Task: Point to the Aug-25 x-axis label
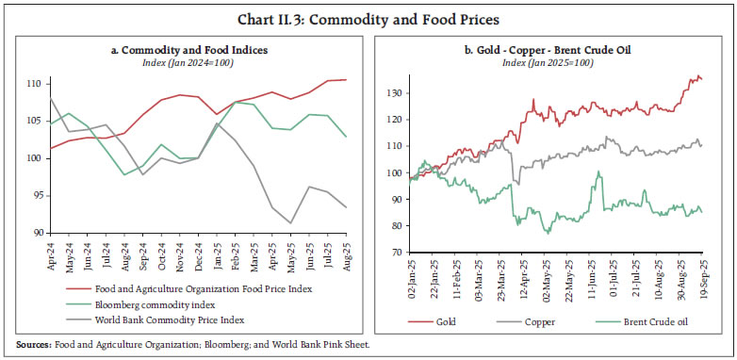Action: (347, 255)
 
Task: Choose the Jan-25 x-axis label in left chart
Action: (217, 255)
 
